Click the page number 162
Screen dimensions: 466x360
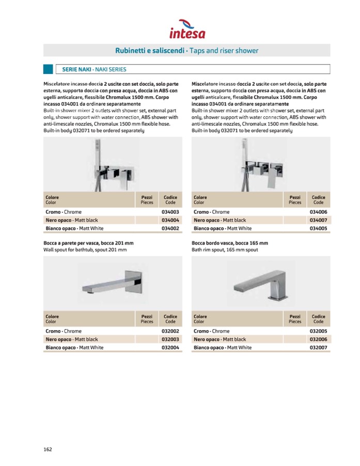(x=48, y=449)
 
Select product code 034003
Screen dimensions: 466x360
(x=170, y=212)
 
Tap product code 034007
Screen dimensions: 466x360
(x=318, y=220)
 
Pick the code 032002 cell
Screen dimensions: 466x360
(x=170, y=331)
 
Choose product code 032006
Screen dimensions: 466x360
(x=318, y=339)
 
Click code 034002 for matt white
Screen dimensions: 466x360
(x=170, y=228)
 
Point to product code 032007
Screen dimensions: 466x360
(x=318, y=348)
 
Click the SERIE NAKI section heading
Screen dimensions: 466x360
(x=94, y=69)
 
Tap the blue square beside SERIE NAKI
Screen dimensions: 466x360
(x=48, y=69)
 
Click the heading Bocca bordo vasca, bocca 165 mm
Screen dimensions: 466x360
(x=230, y=243)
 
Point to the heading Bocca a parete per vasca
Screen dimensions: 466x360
(x=89, y=243)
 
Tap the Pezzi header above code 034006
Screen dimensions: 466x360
(x=295, y=200)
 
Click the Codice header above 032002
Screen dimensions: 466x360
(x=170, y=319)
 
